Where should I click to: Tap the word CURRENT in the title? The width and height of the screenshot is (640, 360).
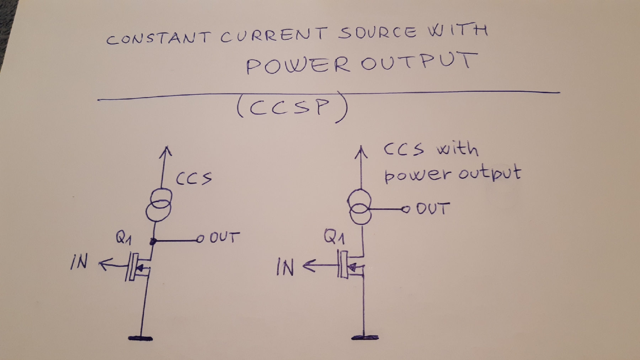click(273, 35)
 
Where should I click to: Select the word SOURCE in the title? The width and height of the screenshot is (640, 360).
click(377, 32)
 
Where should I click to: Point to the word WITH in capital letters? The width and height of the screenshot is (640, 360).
click(458, 30)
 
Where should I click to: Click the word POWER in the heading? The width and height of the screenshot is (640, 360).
click(298, 65)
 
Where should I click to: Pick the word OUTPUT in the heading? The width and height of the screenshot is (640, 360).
click(419, 61)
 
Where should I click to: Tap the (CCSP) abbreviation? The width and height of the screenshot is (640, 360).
click(292, 107)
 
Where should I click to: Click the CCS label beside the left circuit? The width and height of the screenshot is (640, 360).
click(194, 178)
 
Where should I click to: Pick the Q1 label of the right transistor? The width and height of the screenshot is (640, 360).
click(334, 237)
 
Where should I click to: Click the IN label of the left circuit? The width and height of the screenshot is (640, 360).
click(79, 262)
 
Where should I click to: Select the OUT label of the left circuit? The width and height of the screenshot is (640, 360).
click(224, 237)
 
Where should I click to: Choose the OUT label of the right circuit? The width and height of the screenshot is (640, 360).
click(433, 208)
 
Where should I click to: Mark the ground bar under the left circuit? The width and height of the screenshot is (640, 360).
click(140, 338)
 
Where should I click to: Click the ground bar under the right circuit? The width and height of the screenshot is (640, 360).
click(365, 337)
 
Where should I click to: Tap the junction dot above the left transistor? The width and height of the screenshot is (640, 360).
click(153, 242)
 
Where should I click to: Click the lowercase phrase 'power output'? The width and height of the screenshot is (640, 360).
click(452, 174)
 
